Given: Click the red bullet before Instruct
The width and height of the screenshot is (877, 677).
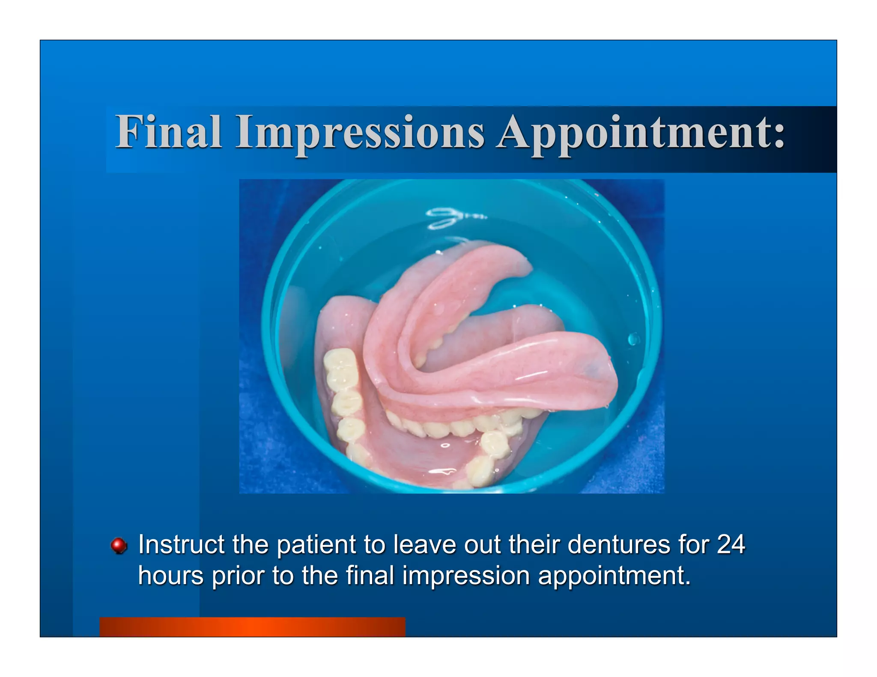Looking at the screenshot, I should pos(119,546).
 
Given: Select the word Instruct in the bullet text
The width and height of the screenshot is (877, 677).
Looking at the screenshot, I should pos(182,544).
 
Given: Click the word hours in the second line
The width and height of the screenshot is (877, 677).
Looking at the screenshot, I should pos(170,576).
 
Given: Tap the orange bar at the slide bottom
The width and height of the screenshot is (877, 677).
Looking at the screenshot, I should pos(252,627).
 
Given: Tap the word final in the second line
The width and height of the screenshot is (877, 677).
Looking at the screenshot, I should pos(370,576).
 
